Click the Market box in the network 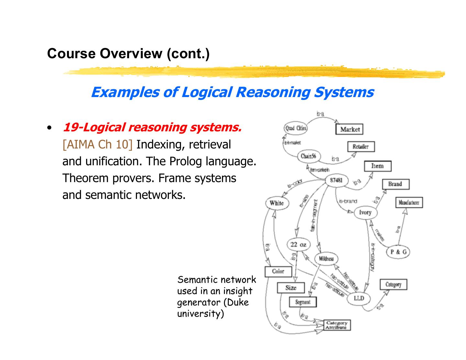(350, 129)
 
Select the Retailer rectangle (361, 147)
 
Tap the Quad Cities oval (295, 128)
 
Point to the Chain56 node (308, 156)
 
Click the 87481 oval (336, 180)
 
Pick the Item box (377, 166)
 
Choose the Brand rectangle (395, 184)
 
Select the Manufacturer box (409, 203)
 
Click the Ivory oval (365, 213)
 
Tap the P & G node (398, 252)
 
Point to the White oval (276, 203)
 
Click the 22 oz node (298, 245)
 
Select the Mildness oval (326, 259)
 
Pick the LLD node (359, 298)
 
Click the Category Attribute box (337, 325)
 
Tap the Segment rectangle (303, 302)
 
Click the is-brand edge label (348, 201)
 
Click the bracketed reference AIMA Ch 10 (97, 144)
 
